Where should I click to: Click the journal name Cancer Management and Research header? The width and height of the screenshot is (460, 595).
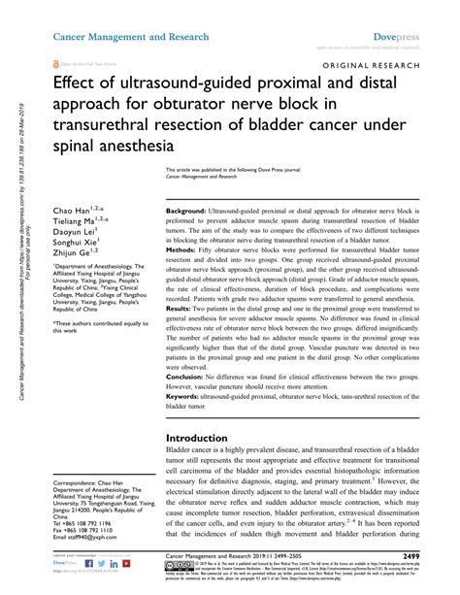[131, 36]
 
